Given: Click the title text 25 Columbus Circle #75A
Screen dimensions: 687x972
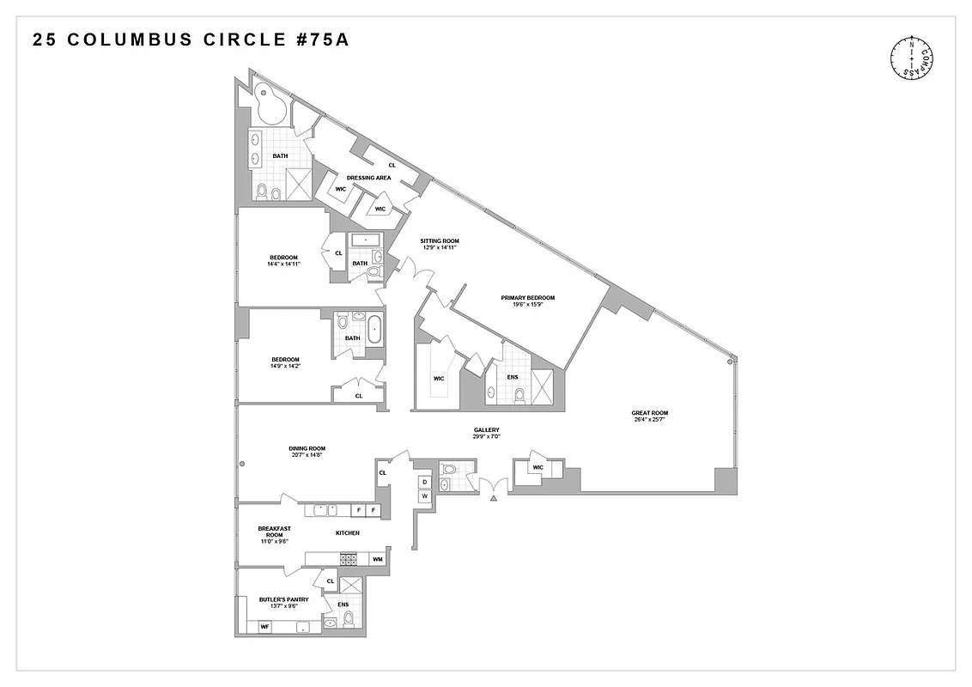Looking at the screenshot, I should tap(191, 40).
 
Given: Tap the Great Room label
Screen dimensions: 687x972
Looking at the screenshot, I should tap(649, 413).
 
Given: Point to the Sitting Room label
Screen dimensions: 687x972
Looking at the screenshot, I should tap(439, 240).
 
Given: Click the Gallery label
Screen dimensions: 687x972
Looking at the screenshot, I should tap(486, 429).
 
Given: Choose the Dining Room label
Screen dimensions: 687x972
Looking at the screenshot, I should tap(307, 448).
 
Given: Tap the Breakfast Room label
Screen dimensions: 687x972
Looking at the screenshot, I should tap(275, 532).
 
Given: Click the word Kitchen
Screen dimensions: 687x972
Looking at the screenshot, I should tap(347, 532).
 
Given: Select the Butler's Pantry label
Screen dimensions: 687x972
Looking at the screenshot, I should tap(283, 599).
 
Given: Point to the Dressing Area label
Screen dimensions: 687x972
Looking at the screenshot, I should tap(368, 178).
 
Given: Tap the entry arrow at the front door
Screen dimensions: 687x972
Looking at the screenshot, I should tap(494, 497).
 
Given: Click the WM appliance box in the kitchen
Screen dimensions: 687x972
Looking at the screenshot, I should tap(376, 559).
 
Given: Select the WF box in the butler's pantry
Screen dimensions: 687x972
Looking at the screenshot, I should tap(265, 628).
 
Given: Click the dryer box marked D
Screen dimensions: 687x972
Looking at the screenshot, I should tap(424, 483).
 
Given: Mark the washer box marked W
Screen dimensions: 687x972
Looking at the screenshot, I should tap(424, 496).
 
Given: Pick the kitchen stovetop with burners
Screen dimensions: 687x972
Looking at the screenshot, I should tap(349, 559).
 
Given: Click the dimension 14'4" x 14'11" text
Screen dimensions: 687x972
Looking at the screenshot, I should tap(283, 264).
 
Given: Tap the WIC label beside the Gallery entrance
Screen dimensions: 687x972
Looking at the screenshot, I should tap(538, 467).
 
